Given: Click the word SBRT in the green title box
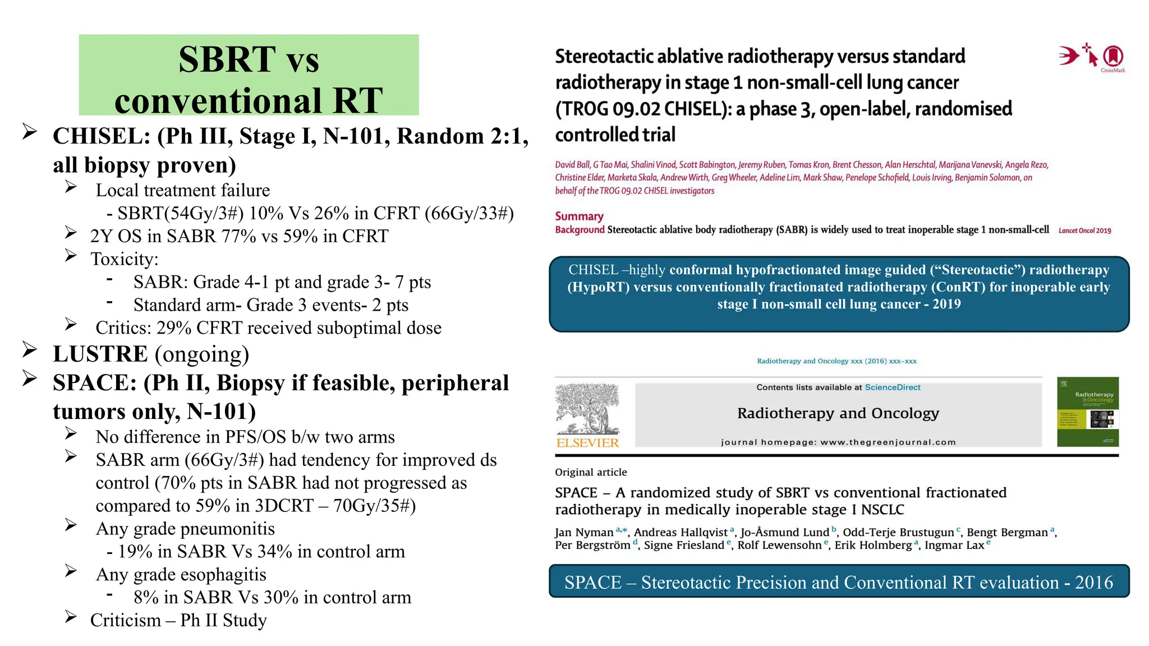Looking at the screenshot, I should point(227,59).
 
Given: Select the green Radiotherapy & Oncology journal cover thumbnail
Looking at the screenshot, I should point(1087,412).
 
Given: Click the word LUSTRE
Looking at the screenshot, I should point(100,354).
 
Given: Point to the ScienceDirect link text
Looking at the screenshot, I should point(892,387).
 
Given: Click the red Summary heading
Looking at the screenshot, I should point(579,216).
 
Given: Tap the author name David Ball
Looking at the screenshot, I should point(572,165).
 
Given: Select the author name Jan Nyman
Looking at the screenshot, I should point(584,532).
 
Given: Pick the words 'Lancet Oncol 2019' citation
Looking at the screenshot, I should point(1084,230).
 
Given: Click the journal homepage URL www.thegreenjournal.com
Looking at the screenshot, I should point(888,442).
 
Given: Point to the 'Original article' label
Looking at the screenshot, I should point(591,472).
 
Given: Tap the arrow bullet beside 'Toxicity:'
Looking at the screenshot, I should point(71,255).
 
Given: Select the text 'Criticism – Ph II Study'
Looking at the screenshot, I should point(178,620).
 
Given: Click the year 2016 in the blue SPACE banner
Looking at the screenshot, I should point(1093,583).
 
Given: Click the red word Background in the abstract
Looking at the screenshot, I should point(580,230).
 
